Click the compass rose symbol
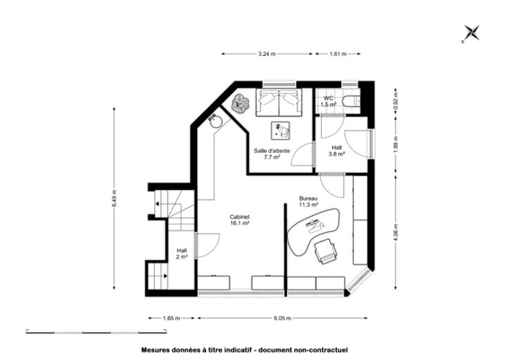pos(471,33)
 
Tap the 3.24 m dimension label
pos(267,54)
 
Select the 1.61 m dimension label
pos(338,54)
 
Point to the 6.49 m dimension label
pos(114,198)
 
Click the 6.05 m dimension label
pos(282,318)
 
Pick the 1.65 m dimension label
pos(172,318)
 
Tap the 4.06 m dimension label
pos(396,233)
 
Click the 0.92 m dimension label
pos(396,101)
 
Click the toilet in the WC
pos(351,101)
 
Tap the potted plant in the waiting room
pos(240,104)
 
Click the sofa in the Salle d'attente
pos(279,102)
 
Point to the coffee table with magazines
pos(281,131)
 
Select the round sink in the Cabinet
pos(215,122)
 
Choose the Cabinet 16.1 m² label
pos(239,220)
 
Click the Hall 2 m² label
pos(182,254)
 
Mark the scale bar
pos(96,332)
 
